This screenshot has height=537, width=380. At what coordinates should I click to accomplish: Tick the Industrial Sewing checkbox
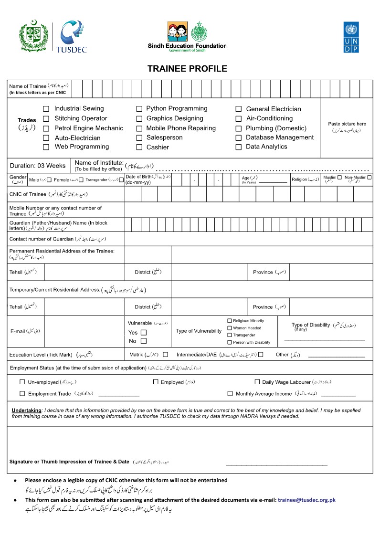click(x=46, y=109)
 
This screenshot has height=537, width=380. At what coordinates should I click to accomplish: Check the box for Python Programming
click(x=139, y=109)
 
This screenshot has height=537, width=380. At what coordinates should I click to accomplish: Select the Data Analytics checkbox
click(x=239, y=147)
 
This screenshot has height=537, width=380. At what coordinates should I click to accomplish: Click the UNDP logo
click(x=351, y=37)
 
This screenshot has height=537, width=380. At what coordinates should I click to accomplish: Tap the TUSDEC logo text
click(x=71, y=49)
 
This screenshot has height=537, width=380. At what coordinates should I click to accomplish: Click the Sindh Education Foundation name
click(x=187, y=46)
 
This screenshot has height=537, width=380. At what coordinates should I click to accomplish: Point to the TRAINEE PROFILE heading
click(x=187, y=69)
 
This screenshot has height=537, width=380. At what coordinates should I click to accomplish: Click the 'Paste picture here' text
click(x=347, y=124)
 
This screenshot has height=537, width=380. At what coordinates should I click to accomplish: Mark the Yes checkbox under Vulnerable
click(x=144, y=333)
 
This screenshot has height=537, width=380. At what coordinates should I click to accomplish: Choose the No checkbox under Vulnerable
click(x=144, y=341)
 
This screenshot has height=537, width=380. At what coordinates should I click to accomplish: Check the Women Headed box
click(x=230, y=328)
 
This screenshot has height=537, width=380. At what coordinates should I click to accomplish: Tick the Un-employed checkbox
click(x=22, y=382)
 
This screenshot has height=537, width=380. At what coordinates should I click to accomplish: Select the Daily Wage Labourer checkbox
click(x=257, y=382)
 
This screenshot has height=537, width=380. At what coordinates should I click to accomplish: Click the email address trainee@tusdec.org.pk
click(x=307, y=500)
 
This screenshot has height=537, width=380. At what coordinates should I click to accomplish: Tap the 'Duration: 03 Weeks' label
click(x=38, y=166)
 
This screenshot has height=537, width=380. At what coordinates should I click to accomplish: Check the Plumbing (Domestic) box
click(x=239, y=128)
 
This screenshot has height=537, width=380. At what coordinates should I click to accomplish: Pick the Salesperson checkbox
click(x=139, y=138)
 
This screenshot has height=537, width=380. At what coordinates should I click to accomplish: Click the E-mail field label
click(x=19, y=331)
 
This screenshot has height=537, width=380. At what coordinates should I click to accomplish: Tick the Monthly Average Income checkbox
click(x=231, y=394)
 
